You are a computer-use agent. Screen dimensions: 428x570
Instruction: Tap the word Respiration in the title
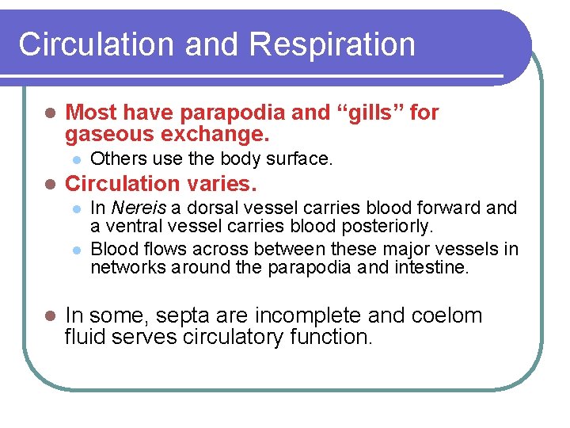coord(333,45)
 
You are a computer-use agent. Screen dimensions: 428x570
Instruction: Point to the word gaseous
coord(104,134)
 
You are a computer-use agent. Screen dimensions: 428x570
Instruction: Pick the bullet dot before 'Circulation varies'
coord(49,185)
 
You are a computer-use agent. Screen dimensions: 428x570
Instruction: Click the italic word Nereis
coord(135,208)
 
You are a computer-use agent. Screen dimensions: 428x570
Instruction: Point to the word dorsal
coord(188,208)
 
